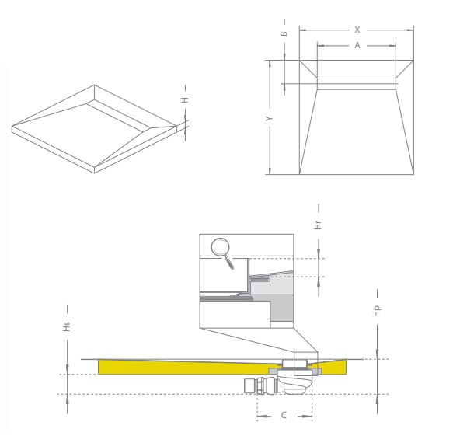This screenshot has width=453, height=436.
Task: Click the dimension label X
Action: pyautogui.click(x=357, y=30)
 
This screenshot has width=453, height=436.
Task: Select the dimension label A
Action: pyautogui.click(x=357, y=45)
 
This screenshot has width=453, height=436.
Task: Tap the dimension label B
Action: pyautogui.click(x=284, y=33)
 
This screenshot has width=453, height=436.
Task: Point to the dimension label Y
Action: pyautogui.click(x=270, y=118)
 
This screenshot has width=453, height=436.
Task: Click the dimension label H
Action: pyautogui.click(x=185, y=100)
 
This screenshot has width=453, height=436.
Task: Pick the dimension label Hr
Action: pyautogui.click(x=318, y=225)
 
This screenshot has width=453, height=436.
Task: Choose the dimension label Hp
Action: pyautogui.click(x=377, y=311)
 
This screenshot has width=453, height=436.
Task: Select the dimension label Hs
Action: pyautogui.click(x=67, y=326)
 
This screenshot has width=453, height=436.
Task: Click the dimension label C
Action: pyautogui.click(x=284, y=415)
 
